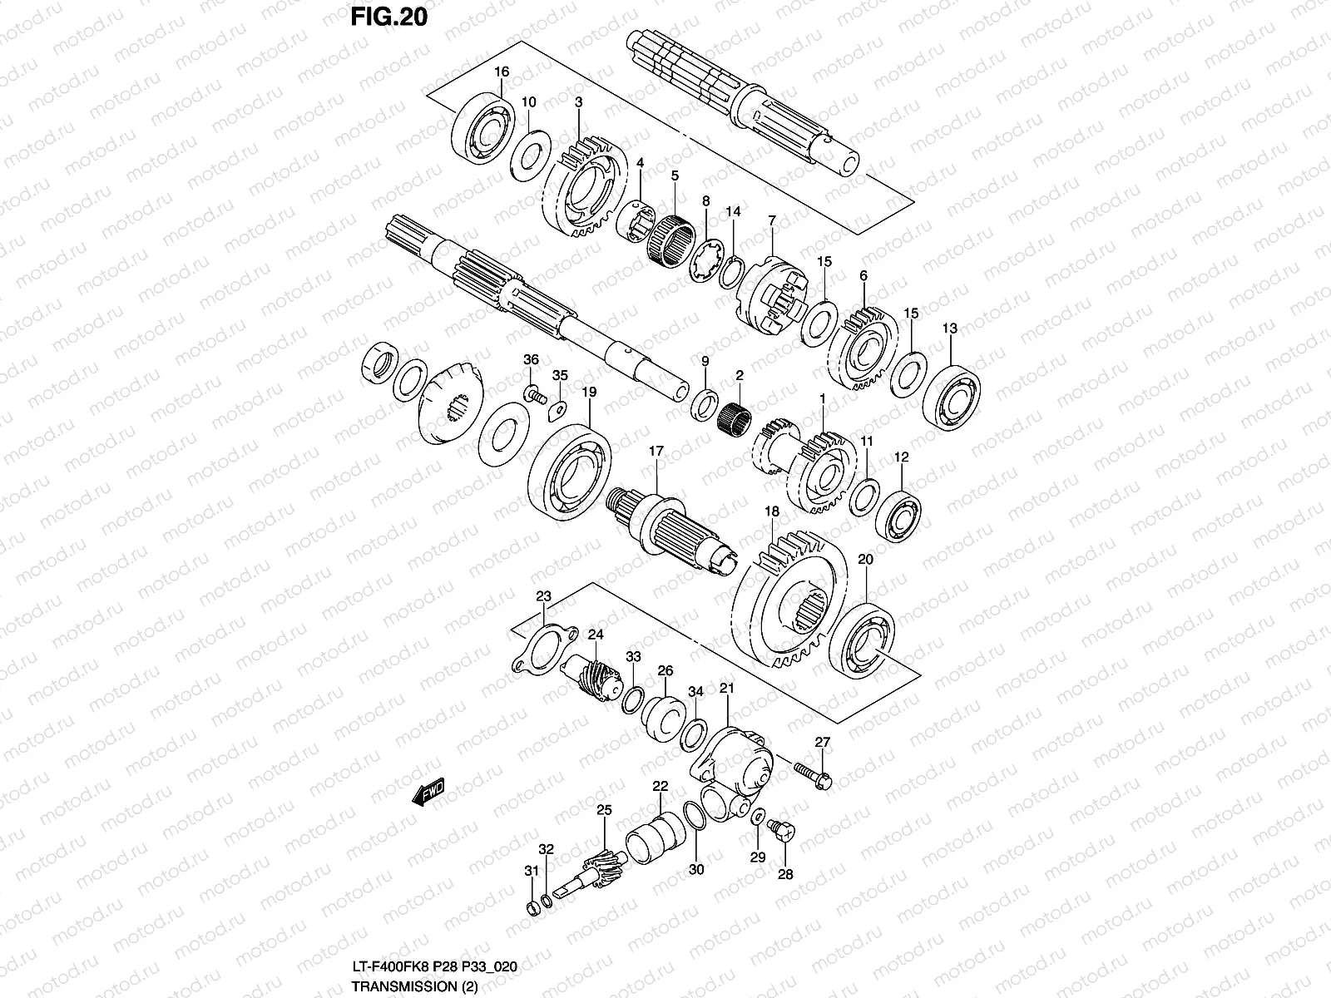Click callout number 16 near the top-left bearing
[x=501, y=72]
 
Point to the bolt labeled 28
[x=784, y=831]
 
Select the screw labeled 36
[x=533, y=391]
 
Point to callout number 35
[x=560, y=375]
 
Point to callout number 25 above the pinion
[x=604, y=809]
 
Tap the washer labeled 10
[x=529, y=151]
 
